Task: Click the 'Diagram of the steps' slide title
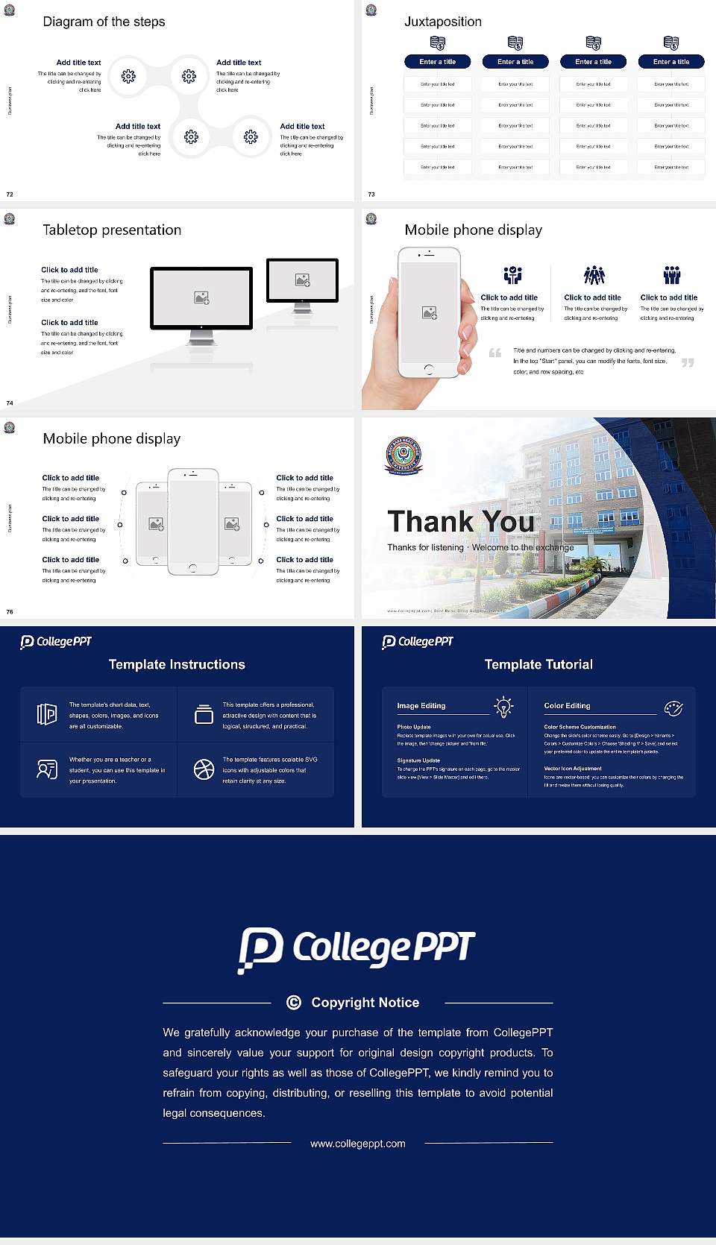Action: pyautogui.click(x=104, y=22)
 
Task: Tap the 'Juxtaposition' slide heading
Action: pyautogui.click(x=442, y=22)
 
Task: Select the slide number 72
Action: pyautogui.click(x=10, y=195)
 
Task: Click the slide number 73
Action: pyautogui.click(x=371, y=195)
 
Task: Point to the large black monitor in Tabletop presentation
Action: pyautogui.click(x=201, y=298)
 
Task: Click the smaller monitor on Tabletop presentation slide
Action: pyautogui.click(x=302, y=280)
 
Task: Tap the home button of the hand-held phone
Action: pyautogui.click(x=429, y=369)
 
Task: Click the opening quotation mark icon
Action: pyautogui.click(x=494, y=353)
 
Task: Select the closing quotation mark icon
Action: pyautogui.click(x=688, y=362)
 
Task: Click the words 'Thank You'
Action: pyautogui.click(x=461, y=521)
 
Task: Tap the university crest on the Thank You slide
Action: pyautogui.click(x=403, y=456)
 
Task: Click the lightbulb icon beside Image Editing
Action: pyautogui.click(x=503, y=707)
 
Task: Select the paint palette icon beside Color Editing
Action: pyautogui.click(x=673, y=707)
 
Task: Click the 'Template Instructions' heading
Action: pyautogui.click(x=177, y=664)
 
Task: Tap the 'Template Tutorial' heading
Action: pyautogui.click(x=538, y=664)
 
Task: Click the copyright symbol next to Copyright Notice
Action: pyautogui.click(x=294, y=1003)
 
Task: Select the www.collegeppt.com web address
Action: pyautogui.click(x=358, y=1144)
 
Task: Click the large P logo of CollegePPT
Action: pyautogui.click(x=260, y=949)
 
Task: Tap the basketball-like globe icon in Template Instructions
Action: pyautogui.click(x=204, y=769)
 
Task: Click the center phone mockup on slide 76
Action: pyautogui.click(x=192, y=522)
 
